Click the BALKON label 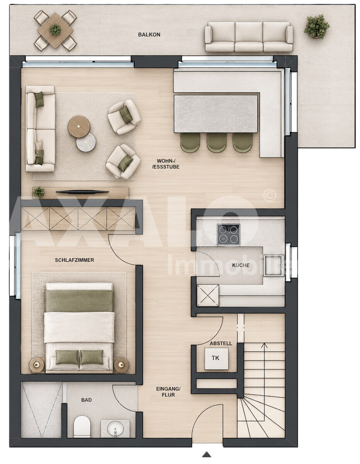(x=149, y=34)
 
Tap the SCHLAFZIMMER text (x=75, y=260)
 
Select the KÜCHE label (x=241, y=265)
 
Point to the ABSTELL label (x=221, y=344)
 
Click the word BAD (x=87, y=400)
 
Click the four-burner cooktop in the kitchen (x=228, y=234)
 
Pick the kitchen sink (x=274, y=265)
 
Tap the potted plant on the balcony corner (x=317, y=27)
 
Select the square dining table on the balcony (x=55, y=30)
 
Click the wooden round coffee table (x=79, y=126)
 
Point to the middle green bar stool (x=217, y=142)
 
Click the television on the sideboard (x=82, y=192)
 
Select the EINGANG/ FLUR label (x=168, y=392)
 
